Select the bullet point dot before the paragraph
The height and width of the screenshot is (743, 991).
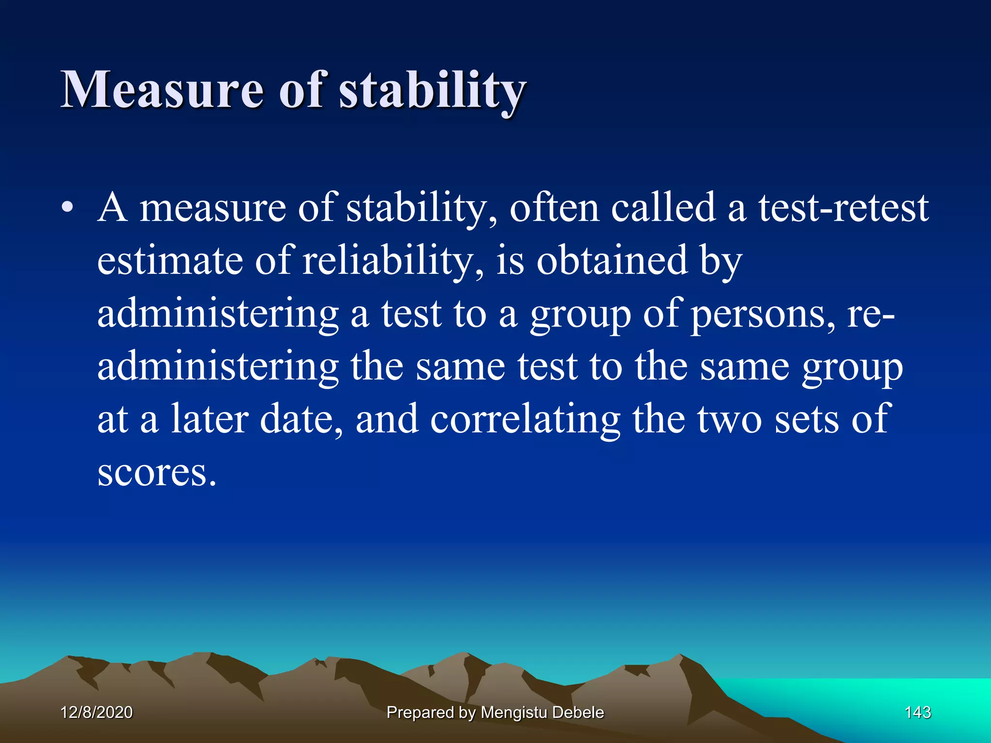click(x=67, y=208)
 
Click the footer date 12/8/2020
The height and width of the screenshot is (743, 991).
click(x=96, y=712)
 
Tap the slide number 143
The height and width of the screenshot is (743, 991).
click(x=917, y=712)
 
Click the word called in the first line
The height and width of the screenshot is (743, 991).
click(x=663, y=208)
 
